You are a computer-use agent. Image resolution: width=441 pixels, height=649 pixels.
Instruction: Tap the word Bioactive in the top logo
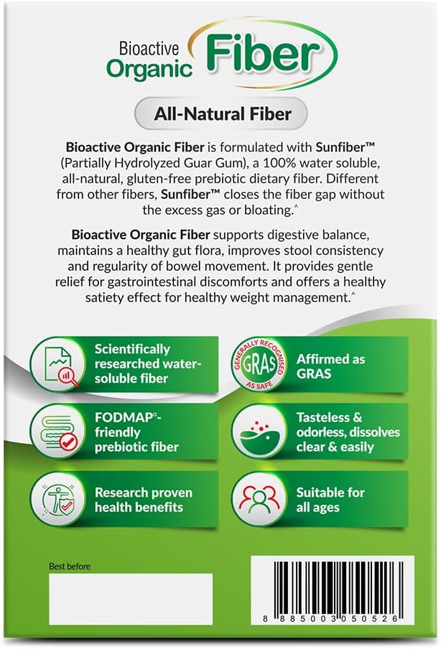click(149, 48)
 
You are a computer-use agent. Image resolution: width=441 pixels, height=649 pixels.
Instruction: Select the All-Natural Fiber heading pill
click(221, 114)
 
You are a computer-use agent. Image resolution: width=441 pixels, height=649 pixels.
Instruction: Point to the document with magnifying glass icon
click(58, 364)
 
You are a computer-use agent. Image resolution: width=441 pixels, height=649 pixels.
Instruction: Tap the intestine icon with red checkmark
click(58, 431)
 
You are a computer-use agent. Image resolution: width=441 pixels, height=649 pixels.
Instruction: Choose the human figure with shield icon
click(58, 499)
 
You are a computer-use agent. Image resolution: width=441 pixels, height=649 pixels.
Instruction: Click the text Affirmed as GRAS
click(330, 366)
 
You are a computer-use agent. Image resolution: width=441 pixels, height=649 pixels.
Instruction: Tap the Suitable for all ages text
click(330, 500)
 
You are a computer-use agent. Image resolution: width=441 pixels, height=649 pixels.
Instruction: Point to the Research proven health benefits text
click(144, 500)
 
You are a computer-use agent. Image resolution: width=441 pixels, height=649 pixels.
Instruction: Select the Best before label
click(70, 566)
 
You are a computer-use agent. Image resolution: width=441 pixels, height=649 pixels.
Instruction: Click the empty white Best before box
click(131, 599)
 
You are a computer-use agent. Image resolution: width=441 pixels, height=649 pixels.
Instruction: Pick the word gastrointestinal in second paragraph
click(152, 282)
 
